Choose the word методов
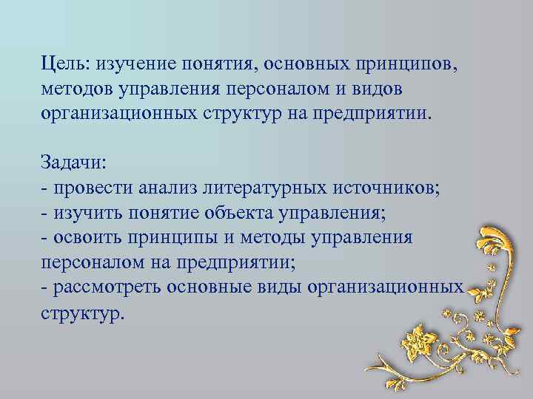(74, 90)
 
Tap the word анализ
(164, 187)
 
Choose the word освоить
(84, 239)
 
